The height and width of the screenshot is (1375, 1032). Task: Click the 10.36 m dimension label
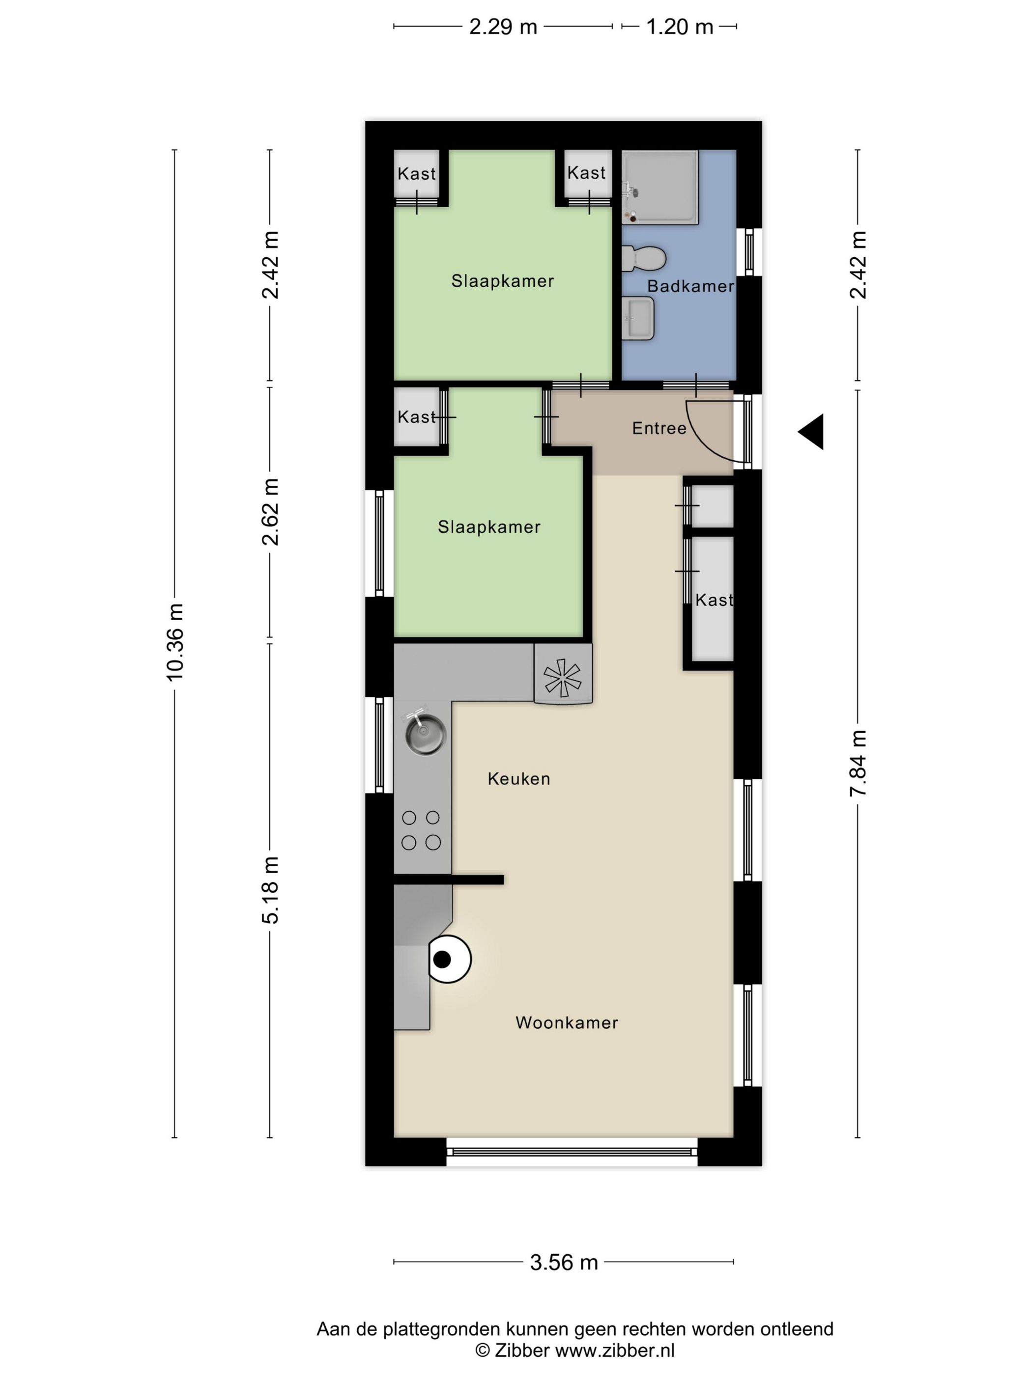[175, 641]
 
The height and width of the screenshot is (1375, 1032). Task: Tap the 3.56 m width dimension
[564, 1262]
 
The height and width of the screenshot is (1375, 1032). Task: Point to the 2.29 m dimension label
[503, 27]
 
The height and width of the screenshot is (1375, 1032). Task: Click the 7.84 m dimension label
[858, 763]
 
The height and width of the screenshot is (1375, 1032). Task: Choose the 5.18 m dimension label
[270, 889]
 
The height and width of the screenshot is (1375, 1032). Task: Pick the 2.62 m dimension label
[270, 512]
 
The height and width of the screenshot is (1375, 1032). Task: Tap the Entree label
[659, 428]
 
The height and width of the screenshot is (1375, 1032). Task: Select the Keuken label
[519, 778]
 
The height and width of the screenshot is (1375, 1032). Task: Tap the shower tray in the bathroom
[660, 187]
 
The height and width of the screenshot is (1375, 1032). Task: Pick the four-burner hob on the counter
[421, 830]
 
